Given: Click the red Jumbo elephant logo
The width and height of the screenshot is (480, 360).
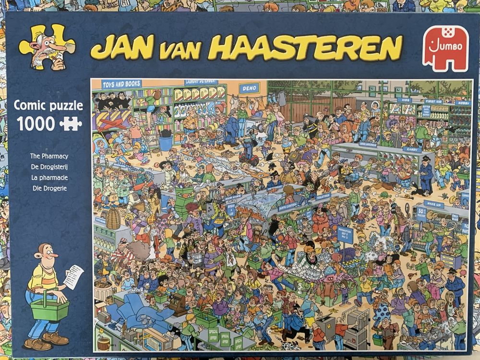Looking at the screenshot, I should point(445,48).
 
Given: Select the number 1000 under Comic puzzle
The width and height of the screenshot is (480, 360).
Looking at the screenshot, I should point(36,123).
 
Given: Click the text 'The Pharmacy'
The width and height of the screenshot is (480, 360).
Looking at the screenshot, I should point(49,156).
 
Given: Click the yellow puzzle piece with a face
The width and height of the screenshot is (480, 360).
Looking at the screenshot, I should point(47,47).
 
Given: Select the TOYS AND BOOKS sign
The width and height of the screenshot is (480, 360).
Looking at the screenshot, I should point(121,84).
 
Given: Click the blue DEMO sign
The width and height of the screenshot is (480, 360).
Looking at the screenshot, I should point(249,88).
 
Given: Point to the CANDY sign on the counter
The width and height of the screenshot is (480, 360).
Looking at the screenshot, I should point(411,149).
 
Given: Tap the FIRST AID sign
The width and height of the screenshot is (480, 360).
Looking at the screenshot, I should point(433,102).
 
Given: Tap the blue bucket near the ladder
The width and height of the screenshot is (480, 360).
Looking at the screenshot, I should point(166,143).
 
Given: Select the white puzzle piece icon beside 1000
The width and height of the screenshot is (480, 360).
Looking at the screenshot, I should point(70,124).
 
